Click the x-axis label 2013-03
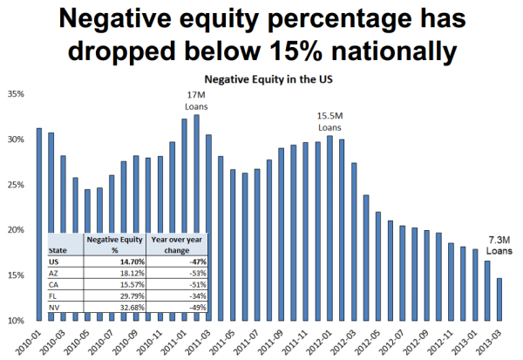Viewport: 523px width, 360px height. click(x=498, y=341)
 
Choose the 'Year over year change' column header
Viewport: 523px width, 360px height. click(x=169, y=243)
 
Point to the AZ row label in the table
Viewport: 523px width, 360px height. click(x=58, y=271)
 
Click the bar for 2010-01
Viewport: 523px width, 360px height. click(x=38, y=224)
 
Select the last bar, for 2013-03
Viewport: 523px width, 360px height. click(x=499, y=299)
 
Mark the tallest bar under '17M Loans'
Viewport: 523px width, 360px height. click(x=196, y=218)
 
